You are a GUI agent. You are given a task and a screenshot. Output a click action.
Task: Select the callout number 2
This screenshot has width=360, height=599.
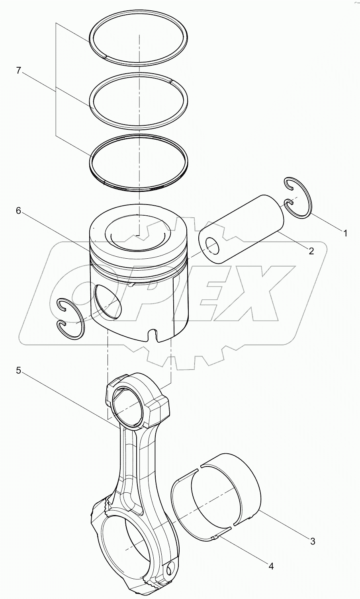click(311, 251)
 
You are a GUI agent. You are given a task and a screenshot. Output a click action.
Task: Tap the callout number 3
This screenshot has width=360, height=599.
click(313, 541)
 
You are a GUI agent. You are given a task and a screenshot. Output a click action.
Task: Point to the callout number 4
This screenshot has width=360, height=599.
click(271, 566)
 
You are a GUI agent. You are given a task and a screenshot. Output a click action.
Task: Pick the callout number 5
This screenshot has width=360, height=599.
click(18, 371)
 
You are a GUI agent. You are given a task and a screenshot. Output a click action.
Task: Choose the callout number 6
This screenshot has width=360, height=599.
click(18, 211)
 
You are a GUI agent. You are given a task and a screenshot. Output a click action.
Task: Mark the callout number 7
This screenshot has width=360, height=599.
click(18, 70)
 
